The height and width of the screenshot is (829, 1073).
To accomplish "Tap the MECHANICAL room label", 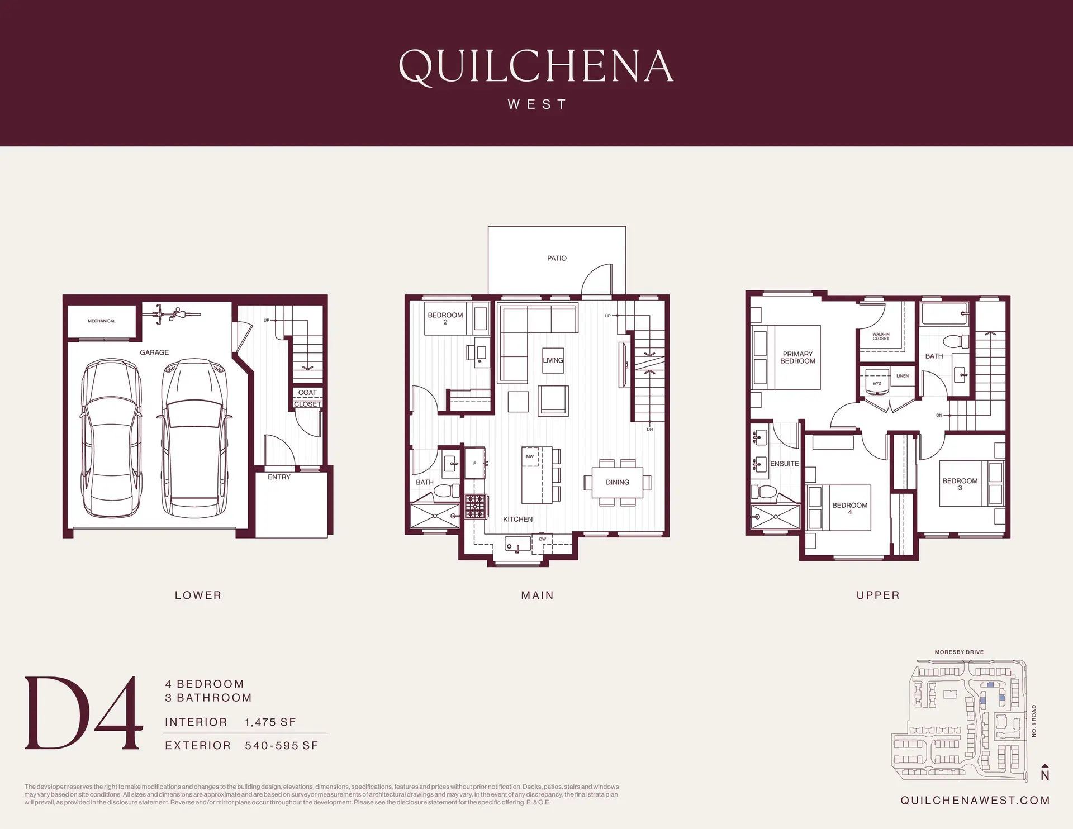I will tap(102, 321).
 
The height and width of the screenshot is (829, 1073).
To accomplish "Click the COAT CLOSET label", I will tap(307, 398).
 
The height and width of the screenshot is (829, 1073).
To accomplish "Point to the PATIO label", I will tap(557, 258).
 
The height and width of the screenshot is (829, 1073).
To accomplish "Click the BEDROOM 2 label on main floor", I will tap(445, 318).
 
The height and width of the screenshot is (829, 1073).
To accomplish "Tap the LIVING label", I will tap(553, 360).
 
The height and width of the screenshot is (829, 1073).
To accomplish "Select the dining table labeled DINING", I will tap(618, 482).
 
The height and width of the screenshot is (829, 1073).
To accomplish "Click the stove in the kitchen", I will tap(476, 507).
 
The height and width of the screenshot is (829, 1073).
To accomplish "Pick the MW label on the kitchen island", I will tap(530, 456).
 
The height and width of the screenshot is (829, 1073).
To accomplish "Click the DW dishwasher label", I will tap(543, 539).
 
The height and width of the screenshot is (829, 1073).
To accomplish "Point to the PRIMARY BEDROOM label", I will tap(797, 358).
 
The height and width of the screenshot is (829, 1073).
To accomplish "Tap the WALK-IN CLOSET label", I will tap(881, 336).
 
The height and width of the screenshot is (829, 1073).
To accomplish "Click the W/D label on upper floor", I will tap(877, 383).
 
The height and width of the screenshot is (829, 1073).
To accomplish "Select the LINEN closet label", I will tap(903, 376).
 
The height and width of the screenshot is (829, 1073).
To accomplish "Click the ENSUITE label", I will tap(784, 464).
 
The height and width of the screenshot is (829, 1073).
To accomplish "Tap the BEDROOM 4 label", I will tap(849, 508).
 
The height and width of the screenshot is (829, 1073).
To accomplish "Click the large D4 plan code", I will tap(82, 713).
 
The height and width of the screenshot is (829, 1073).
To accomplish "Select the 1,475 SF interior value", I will tap(270, 722).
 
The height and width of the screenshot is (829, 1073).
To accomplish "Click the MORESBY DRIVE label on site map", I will tap(959, 652).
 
